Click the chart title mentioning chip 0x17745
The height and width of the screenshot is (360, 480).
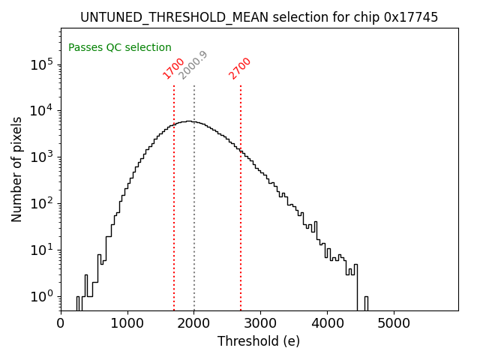tap(259, 17)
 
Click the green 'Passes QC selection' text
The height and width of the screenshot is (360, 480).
tap(120, 47)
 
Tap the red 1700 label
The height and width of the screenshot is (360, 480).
tap(174, 68)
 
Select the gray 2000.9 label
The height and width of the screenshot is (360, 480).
tap(193, 65)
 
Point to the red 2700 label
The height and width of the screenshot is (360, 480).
tap(240, 68)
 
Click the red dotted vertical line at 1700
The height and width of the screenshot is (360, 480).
tap(174, 195)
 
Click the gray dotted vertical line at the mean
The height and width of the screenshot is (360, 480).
tap(194, 195)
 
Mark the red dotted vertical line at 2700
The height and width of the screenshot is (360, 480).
tap(241, 195)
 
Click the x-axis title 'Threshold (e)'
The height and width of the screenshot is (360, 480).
tap(259, 341)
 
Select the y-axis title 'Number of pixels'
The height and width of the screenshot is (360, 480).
tap(17, 169)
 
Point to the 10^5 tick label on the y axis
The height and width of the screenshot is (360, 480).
tap(42, 64)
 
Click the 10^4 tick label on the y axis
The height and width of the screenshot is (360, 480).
tap(42, 111)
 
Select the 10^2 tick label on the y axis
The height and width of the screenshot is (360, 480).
tap(42, 203)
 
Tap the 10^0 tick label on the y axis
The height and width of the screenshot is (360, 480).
tap(42, 296)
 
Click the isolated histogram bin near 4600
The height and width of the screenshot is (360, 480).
tap(366, 303)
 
